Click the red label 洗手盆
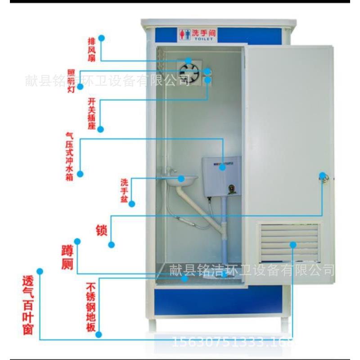tap(124, 190)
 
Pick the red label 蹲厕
tap(67, 258)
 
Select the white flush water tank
tap(220, 175)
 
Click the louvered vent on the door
tap(289, 243)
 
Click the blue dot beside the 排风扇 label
tap(102, 38)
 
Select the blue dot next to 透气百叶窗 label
tap(40, 271)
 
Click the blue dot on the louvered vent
tap(293, 244)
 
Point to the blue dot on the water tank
tap(222, 167)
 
